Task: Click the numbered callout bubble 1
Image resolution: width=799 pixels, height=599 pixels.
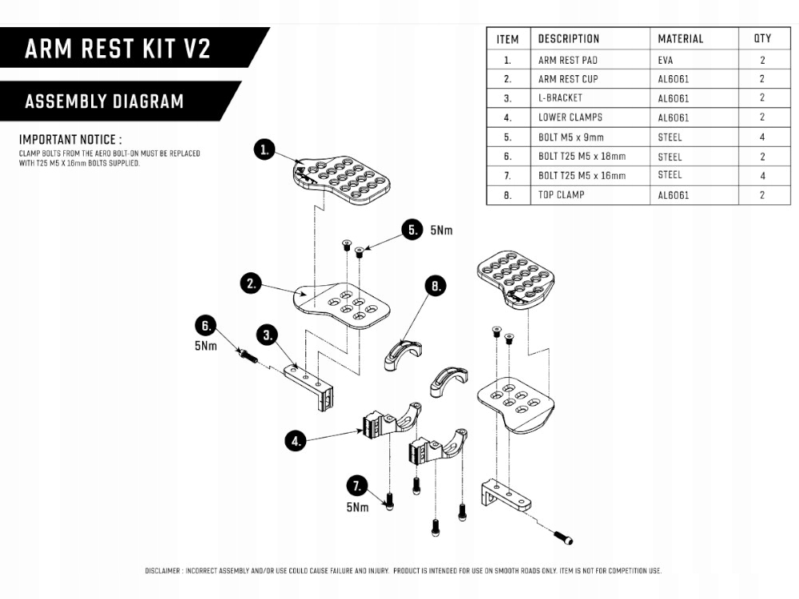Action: (265, 149)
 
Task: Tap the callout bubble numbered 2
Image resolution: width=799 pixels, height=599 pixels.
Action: (252, 283)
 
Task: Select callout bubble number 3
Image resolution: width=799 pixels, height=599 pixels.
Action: (267, 334)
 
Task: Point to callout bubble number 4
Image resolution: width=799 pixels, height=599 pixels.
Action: (296, 440)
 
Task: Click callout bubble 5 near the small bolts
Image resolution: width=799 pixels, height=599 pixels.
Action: (411, 230)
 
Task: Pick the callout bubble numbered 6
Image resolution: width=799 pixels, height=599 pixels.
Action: (206, 326)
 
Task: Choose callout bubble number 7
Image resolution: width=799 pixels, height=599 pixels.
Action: (357, 486)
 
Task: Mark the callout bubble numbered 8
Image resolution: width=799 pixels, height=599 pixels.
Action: (435, 287)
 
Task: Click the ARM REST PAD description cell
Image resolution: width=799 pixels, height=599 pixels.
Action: (567, 60)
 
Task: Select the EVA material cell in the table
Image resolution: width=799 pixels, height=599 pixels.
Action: (666, 60)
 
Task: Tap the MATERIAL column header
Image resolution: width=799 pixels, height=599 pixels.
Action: (680, 38)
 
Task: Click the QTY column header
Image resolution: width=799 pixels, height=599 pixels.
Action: (762, 38)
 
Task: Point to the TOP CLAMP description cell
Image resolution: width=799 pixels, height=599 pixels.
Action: (561, 195)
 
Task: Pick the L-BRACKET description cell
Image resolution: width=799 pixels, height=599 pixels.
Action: (560, 98)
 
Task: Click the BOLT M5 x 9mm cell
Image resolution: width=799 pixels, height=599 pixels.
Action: (570, 137)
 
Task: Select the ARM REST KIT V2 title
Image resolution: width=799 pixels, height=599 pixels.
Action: (117, 48)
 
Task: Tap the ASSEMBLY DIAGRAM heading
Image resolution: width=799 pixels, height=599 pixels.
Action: (104, 101)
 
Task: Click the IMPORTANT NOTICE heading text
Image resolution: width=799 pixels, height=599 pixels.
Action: (70, 139)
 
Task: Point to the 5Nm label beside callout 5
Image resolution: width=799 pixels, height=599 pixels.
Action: (440, 231)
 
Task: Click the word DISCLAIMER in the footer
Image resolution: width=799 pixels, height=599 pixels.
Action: (163, 571)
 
